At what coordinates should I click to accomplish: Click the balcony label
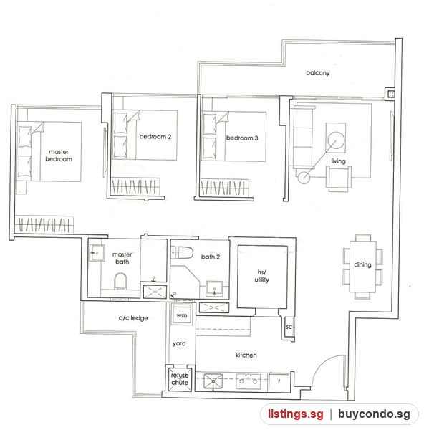tap(318, 72)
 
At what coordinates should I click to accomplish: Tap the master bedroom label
tap(59, 156)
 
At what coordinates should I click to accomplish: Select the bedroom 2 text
tap(155, 137)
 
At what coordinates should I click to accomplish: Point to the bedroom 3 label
tap(242, 138)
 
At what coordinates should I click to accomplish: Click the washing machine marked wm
tap(181, 315)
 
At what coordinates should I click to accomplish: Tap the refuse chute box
tap(180, 379)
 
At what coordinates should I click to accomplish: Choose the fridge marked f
tap(279, 382)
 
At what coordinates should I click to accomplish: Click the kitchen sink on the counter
tap(213, 381)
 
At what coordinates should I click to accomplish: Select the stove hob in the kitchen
tap(249, 381)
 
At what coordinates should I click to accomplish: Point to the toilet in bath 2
tap(182, 252)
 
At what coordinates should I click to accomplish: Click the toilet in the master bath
tap(120, 281)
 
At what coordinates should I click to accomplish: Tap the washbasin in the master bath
tap(97, 252)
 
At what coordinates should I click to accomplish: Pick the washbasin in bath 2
tap(214, 289)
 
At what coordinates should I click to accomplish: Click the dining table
tap(362, 267)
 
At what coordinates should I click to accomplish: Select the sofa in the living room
tap(303, 137)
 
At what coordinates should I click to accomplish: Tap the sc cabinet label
tap(289, 327)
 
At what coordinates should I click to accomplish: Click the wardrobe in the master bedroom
tap(44, 224)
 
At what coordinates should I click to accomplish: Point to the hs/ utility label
tap(261, 276)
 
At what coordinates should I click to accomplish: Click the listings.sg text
tap(296, 414)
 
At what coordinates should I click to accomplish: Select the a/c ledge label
tap(133, 318)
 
